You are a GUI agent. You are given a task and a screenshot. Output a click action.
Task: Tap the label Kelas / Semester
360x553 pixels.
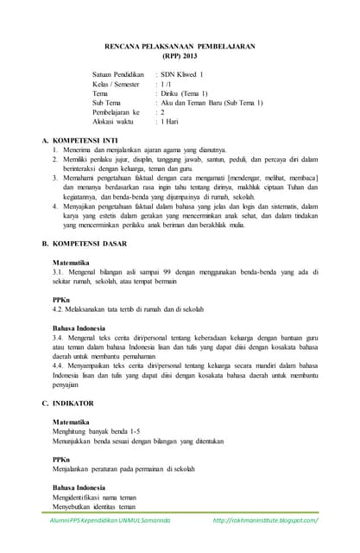point(116,85)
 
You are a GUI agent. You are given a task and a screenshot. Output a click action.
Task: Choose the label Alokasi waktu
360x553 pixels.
point(113,121)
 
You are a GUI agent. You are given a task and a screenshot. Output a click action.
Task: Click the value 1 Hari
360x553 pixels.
point(174,121)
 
